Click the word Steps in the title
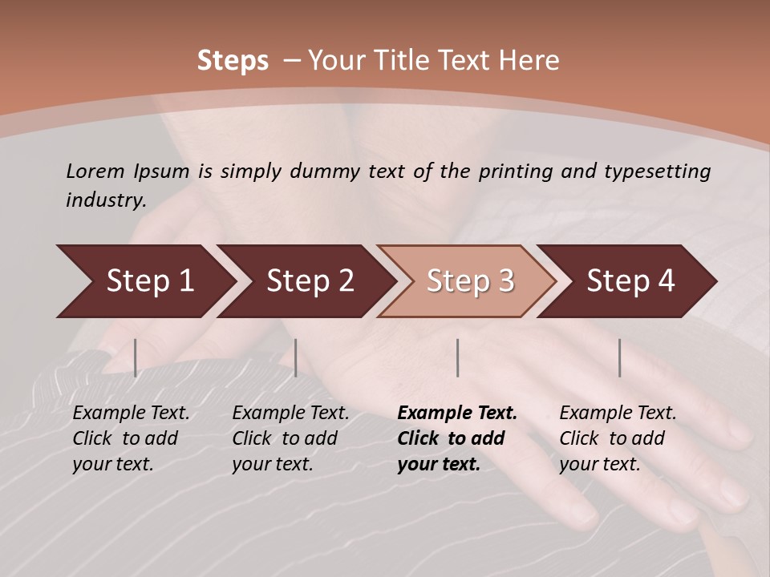233,61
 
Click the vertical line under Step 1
136,357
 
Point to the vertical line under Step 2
296,357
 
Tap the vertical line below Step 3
458,357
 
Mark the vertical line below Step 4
620,357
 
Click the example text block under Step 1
131,438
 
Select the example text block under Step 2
290,438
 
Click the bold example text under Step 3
457,438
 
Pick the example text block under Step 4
618,438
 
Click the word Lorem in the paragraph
95,171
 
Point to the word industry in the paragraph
105,200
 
